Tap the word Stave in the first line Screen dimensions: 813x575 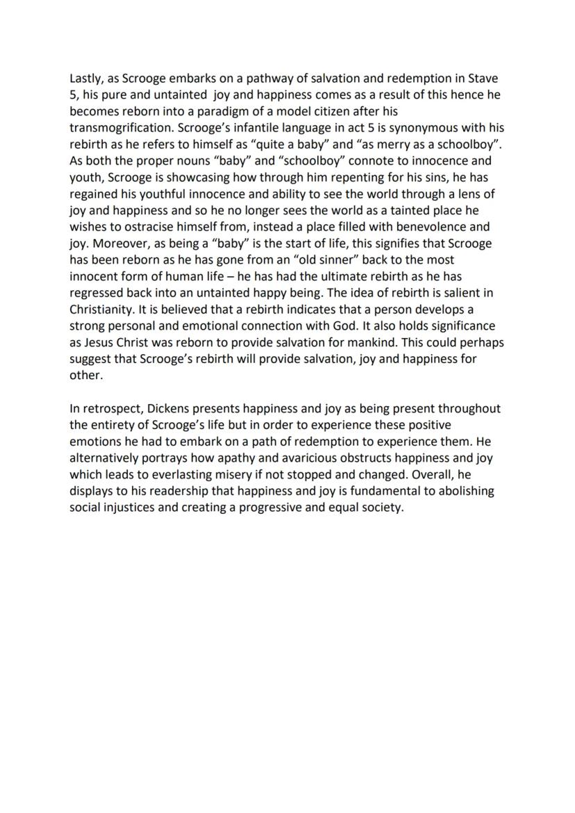click(x=483, y=78)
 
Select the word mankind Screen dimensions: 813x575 click(x=379, y=342)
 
